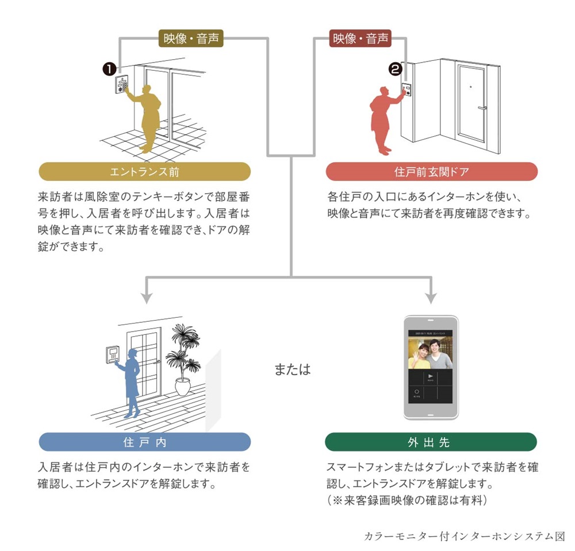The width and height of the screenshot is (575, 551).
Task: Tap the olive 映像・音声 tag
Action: (x=190, y=38)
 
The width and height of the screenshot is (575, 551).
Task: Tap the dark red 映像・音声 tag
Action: (x=361, y=38)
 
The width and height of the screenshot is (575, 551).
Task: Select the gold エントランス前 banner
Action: (x=144, y=172)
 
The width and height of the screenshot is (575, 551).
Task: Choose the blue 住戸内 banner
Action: (x=144, y=442)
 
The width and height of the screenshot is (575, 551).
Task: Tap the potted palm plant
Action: (x=183, y=359)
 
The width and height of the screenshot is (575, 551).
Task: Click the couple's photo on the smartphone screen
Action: (x=430, y=353)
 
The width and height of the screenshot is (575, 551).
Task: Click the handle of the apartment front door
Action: (x=482, y=107)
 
